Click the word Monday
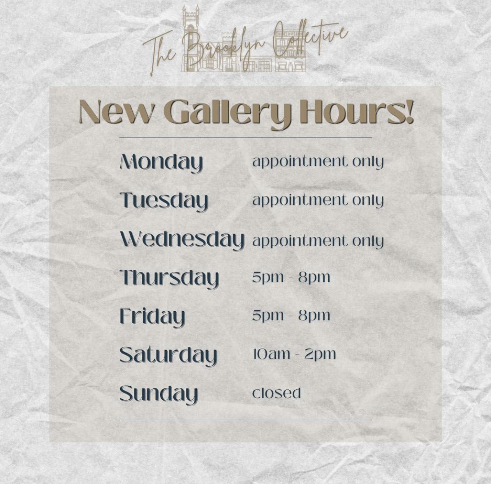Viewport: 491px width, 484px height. click(x=161, y=162)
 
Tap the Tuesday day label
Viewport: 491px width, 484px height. click(x=164, y=201)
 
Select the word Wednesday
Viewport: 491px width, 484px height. click(x=182, y=240)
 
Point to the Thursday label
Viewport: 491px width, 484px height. click(x=169, y=278)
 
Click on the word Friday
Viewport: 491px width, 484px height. click(x=152, y=317)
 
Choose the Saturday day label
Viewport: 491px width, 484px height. click(x=168, y=356)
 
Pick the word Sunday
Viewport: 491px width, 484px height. click(x=158, y=394)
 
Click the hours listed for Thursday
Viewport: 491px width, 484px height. click(x=291, y=277)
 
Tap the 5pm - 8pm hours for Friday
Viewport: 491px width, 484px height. click(x=291, y=316)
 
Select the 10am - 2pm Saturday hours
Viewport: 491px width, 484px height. click(x=294, y=354)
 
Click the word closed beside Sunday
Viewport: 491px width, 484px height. click(x=277, y=393)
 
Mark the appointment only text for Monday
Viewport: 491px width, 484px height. click(x=318, y=162)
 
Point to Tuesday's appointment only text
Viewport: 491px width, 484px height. click(x=318, y=201)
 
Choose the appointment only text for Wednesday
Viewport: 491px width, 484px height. click(x=318, y=241)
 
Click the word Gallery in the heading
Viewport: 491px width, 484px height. click(x=227, y=113)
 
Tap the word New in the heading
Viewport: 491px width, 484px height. click(x=117, y=112)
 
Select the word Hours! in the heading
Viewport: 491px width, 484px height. click(x=357, y=112)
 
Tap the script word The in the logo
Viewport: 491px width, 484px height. click(x=159, y=51)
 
